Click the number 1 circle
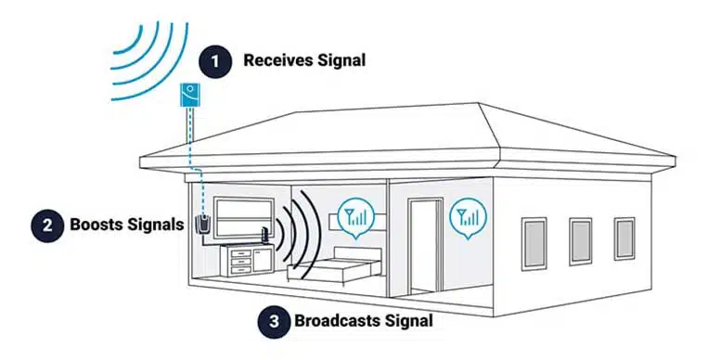coord(217,61)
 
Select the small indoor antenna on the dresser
coord(266,236)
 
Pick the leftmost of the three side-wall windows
coord(534,243)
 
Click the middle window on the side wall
coord(581,241)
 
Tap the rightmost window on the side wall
coord(624,238)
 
